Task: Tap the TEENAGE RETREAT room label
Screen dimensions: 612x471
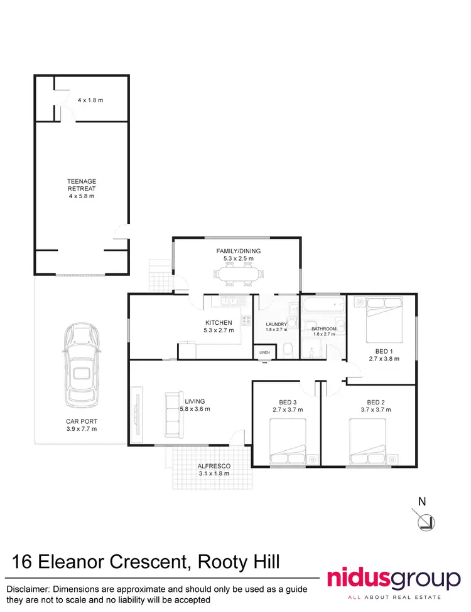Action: [82, 181]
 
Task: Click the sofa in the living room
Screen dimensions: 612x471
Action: [173, 414]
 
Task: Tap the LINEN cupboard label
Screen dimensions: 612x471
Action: [264, 353]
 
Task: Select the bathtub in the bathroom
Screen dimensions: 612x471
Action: [323, 307]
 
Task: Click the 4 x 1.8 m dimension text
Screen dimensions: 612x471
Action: [90, 100]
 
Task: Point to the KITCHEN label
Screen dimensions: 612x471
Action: [219, 323]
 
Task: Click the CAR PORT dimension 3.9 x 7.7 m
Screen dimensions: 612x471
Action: [82, 429]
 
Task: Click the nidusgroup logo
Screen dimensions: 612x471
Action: [393, 578]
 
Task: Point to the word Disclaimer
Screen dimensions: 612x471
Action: [29, 589]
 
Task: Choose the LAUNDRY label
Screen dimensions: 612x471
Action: [276, 324]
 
